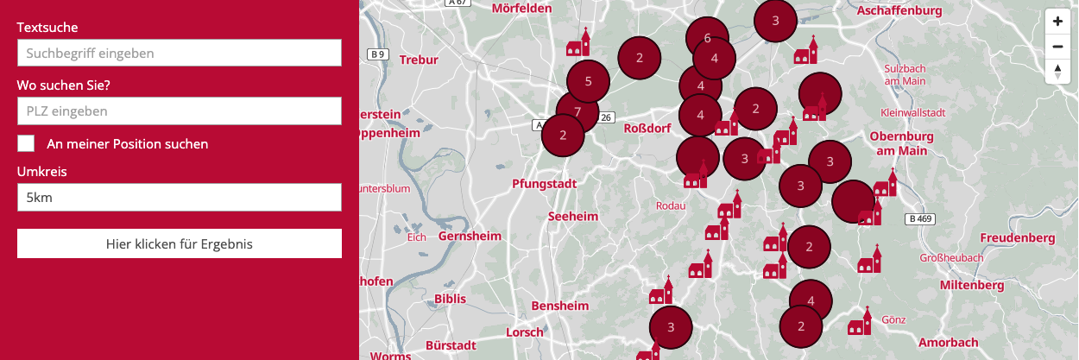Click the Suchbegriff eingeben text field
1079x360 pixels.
(x=179, y=54)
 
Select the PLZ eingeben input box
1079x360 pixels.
(x=179, y=111)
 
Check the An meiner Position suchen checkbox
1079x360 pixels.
(x=26, y=143)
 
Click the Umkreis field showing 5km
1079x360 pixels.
(x=179, y=198)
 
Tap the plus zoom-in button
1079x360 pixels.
(x=1057, y=21)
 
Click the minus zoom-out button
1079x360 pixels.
(x=1057, y=47)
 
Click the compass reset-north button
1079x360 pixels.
(x=1057, y=72)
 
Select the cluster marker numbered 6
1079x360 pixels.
(x=707, y=38)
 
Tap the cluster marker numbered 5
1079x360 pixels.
(x=588, y=82)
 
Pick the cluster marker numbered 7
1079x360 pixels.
(x=577, y=111)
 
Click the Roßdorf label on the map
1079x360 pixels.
(x=647, y=128)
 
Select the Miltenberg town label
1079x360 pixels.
(x=972, y=285)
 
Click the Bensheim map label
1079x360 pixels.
(x=560, y=306)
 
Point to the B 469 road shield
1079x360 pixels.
(x=921, y=219)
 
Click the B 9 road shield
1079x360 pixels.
(x=376, y=54)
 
